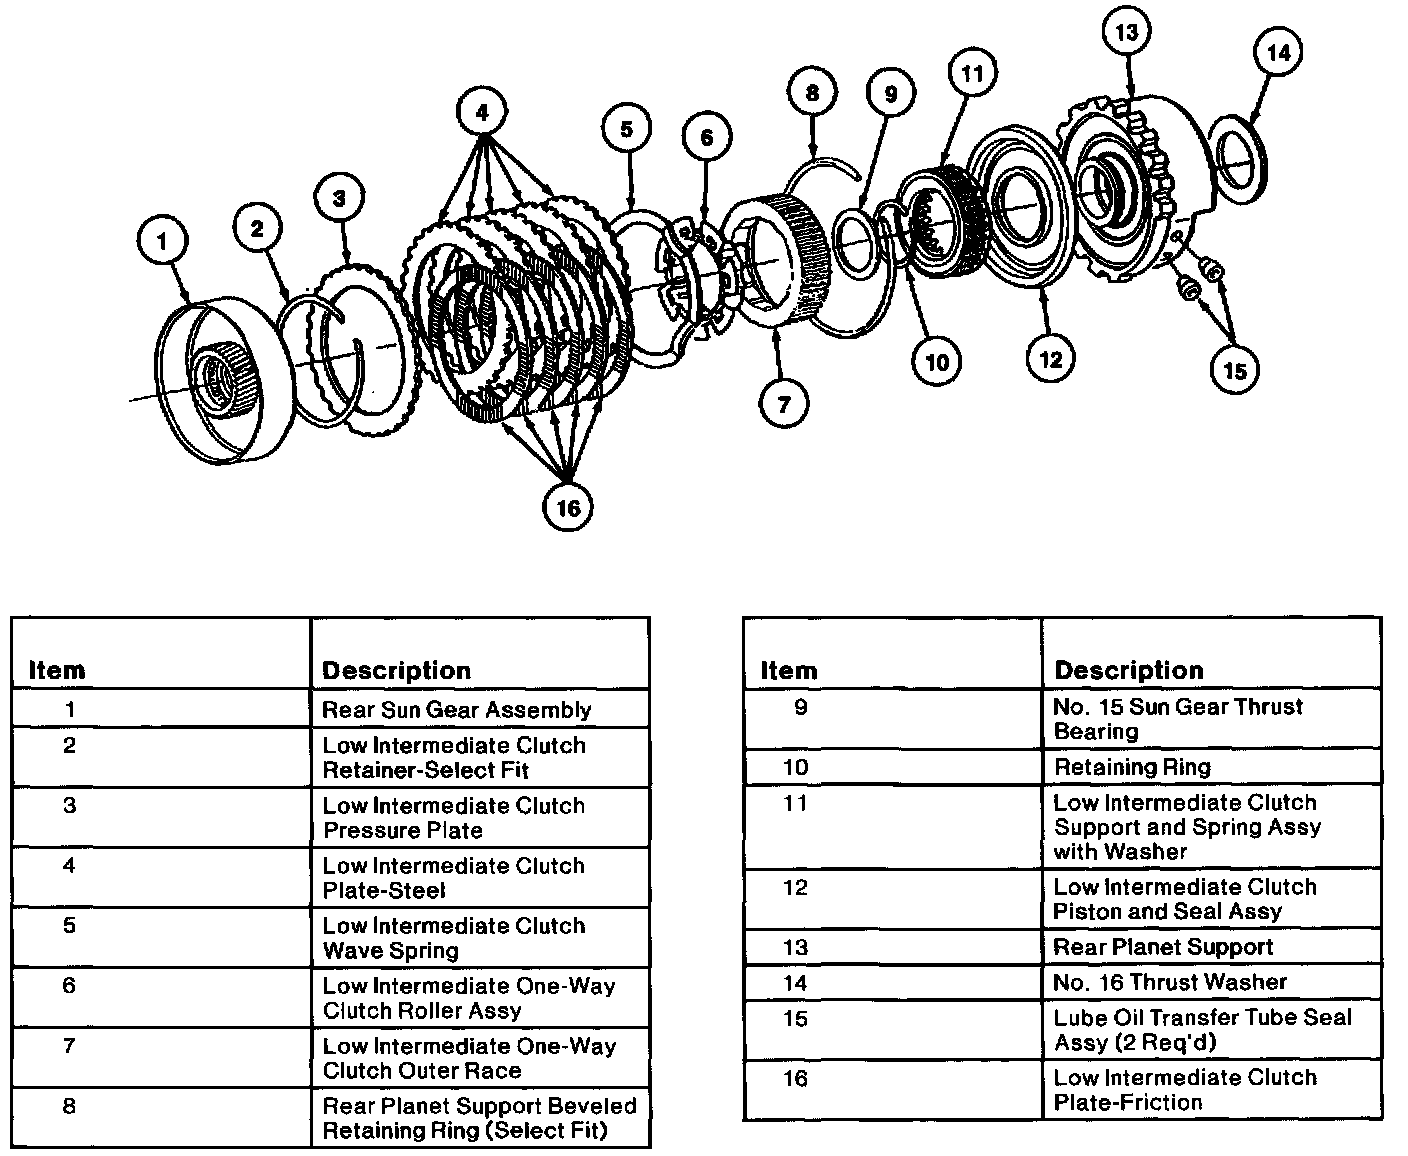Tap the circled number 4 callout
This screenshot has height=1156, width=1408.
482,113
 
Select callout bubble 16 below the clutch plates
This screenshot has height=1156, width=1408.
567,507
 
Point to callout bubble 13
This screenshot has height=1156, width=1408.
1127,33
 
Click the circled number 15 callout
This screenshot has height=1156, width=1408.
1235,370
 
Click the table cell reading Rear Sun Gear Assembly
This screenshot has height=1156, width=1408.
457,710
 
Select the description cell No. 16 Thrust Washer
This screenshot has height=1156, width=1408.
1170,982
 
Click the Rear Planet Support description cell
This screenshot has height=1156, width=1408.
1163,947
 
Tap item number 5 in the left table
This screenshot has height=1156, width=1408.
69,925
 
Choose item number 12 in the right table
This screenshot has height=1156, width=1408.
795,887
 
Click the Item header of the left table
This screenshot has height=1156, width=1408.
57,670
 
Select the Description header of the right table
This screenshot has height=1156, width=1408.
1128,670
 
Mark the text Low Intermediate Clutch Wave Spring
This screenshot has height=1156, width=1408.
454,938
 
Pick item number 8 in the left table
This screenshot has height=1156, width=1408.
69,1106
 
